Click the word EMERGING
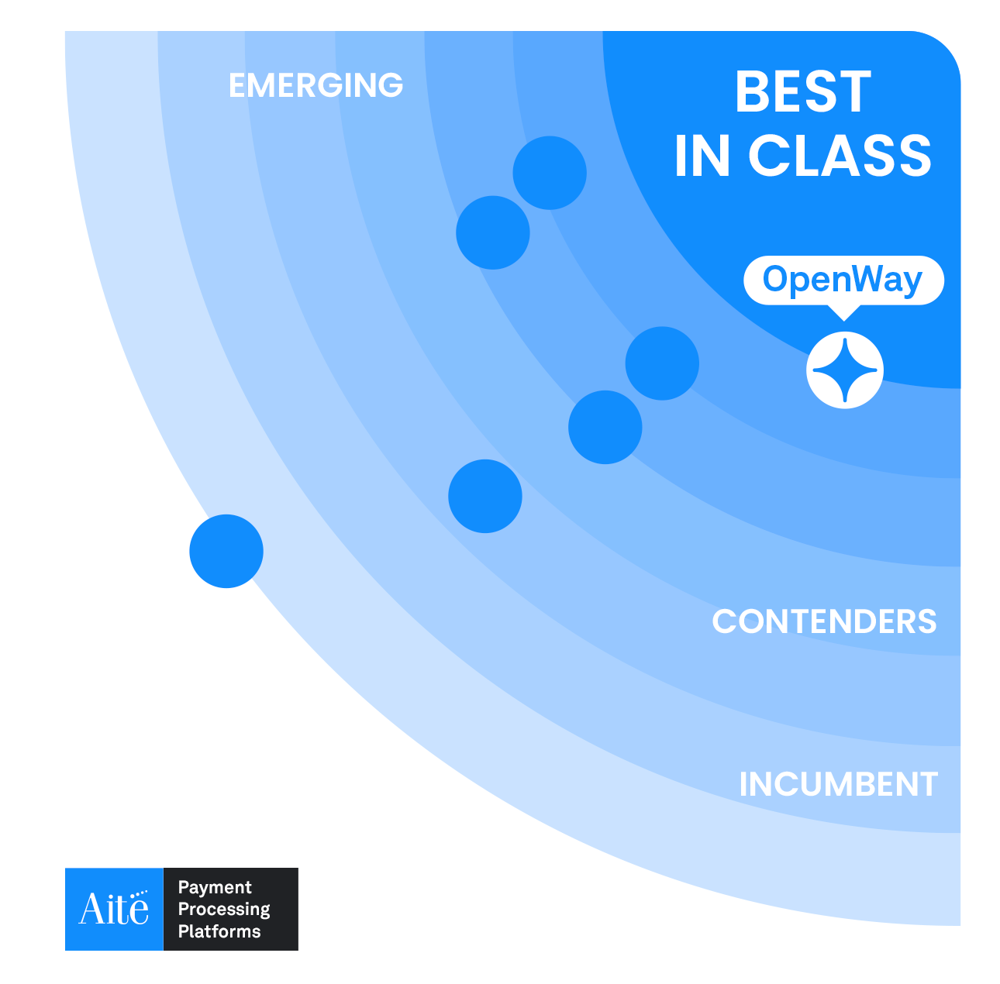(316, 85)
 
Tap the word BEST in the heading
(803, 91)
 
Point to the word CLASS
(840, 155)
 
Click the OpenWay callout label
(843, 280)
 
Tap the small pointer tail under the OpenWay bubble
(844, 313)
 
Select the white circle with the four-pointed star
(844, 370)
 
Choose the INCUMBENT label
(838, 784)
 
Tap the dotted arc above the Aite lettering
(139, 894)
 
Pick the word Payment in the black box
(214, 888)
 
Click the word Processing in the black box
(224, 910)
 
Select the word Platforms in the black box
(219, 931)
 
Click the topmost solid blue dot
(550, 173)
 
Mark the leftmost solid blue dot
(226, 551)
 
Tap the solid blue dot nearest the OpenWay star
(662, 363)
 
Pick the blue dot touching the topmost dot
(492, 232)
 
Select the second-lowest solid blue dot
(484, 496)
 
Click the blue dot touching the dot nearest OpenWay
(605, 427)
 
